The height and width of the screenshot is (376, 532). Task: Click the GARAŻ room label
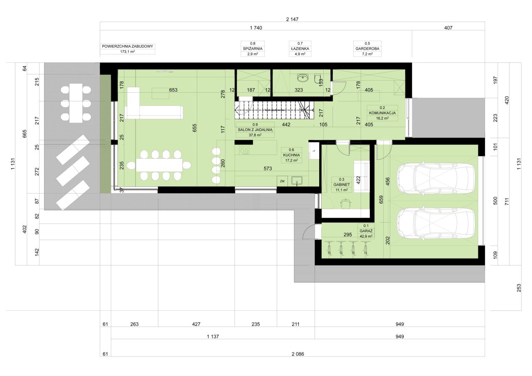366,231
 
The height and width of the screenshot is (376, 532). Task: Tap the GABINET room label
342,185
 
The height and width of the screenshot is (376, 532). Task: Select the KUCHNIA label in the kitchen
291,155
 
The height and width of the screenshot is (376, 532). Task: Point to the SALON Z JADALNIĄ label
255,130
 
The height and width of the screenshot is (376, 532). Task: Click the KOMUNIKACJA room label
382,113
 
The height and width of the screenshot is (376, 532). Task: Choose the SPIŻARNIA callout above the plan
253,49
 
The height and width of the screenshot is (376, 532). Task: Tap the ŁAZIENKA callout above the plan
300,49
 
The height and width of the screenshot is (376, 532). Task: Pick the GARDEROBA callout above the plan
367,49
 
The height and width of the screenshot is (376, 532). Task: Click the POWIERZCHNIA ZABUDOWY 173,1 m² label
128,49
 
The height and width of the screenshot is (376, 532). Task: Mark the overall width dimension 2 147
292,19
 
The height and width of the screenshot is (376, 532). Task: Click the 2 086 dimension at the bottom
298,354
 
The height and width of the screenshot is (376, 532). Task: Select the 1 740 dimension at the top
256,28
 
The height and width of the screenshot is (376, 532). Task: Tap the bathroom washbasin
303,78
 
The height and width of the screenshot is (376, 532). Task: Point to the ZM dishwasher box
282,182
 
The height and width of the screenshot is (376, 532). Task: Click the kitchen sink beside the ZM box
297,181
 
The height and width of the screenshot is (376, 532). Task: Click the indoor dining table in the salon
159,165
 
